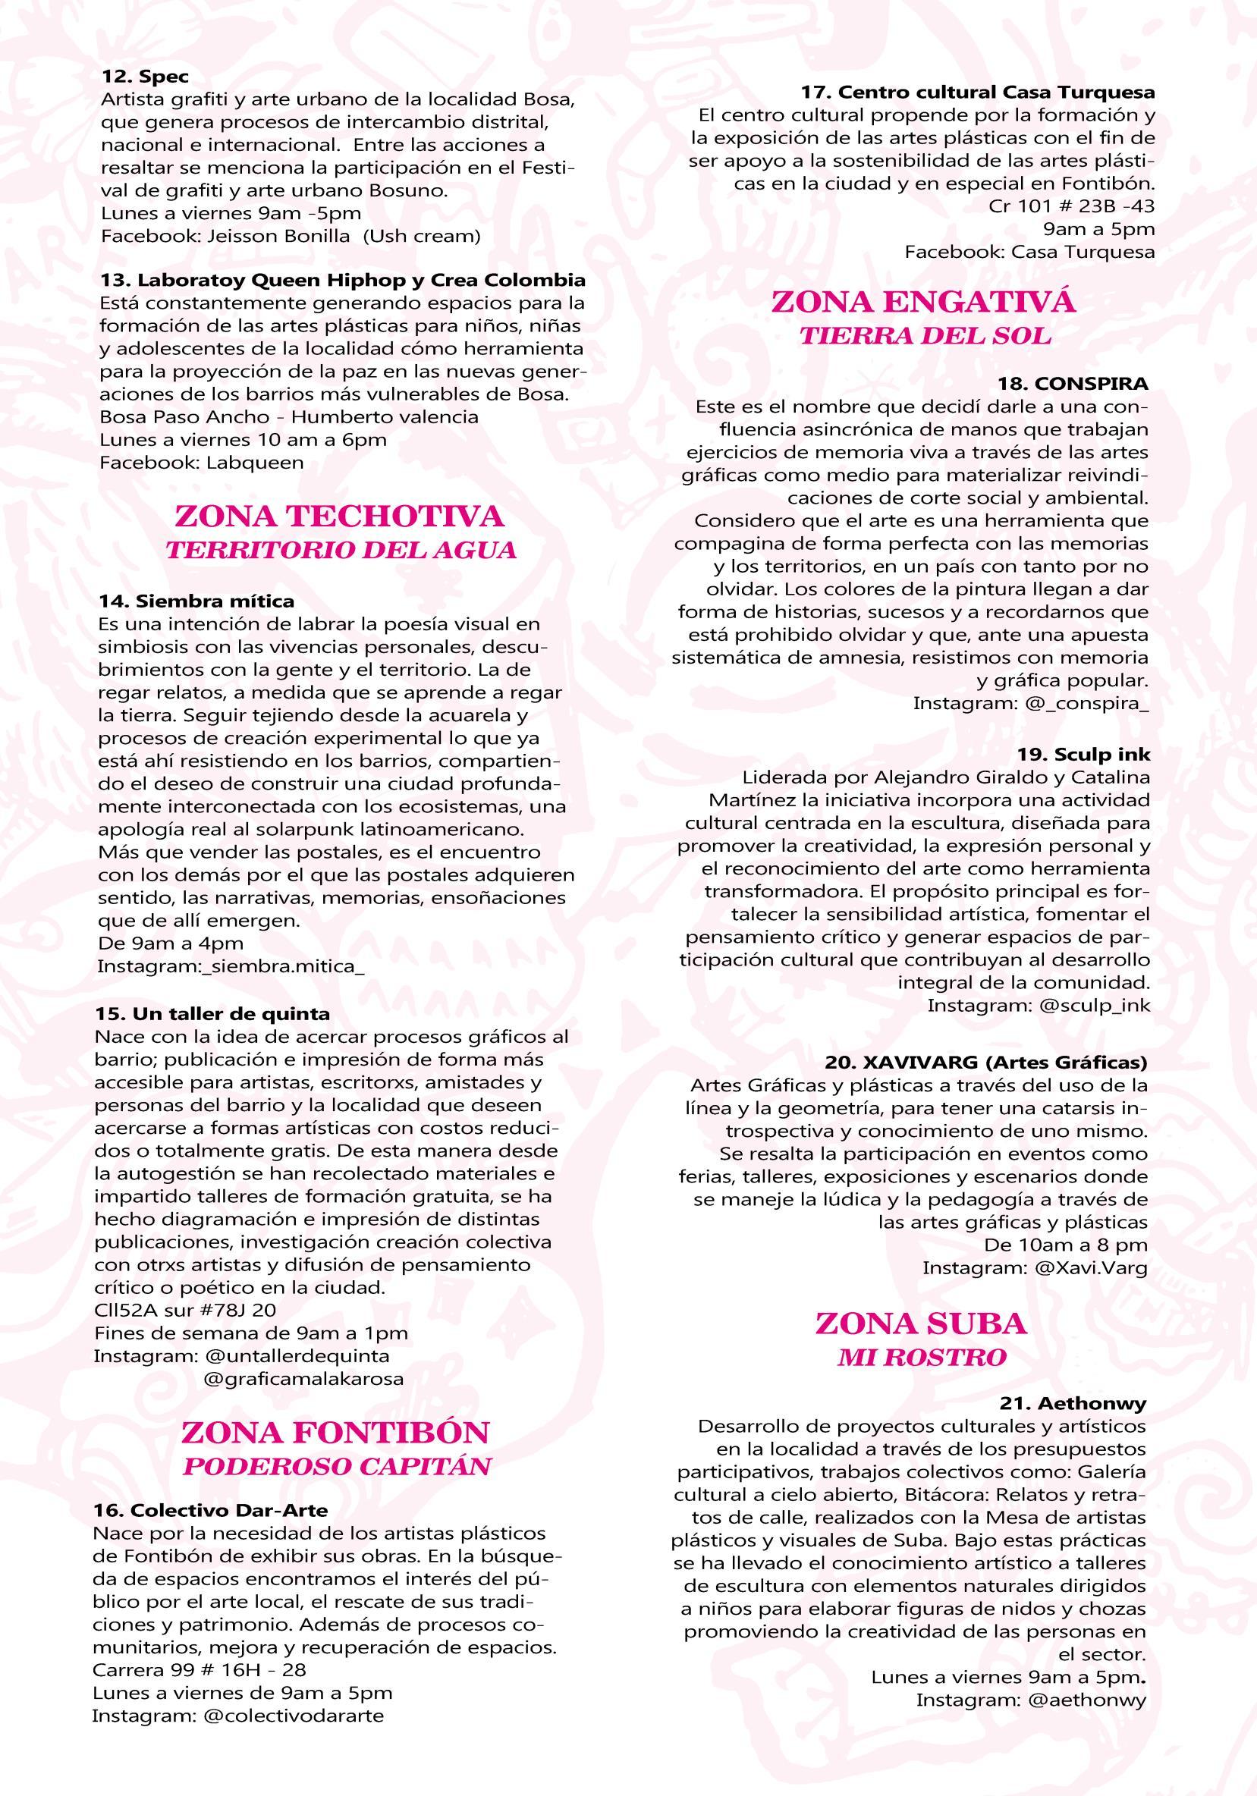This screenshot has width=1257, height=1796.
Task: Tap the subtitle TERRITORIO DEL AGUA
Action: click(341, 550)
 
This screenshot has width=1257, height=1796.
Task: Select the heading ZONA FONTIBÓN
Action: click(335, 1432)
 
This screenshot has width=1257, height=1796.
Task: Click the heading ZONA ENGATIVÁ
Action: click(923, 302)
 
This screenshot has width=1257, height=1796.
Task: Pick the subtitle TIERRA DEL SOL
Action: click(925, 335)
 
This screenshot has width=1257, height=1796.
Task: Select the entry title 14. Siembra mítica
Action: click(196, 601)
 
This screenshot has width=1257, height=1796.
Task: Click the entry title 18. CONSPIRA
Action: click(1073, 384)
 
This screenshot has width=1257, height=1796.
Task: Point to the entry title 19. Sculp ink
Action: click(1084, 755)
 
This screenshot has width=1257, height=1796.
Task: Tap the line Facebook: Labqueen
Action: click(201, 462)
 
